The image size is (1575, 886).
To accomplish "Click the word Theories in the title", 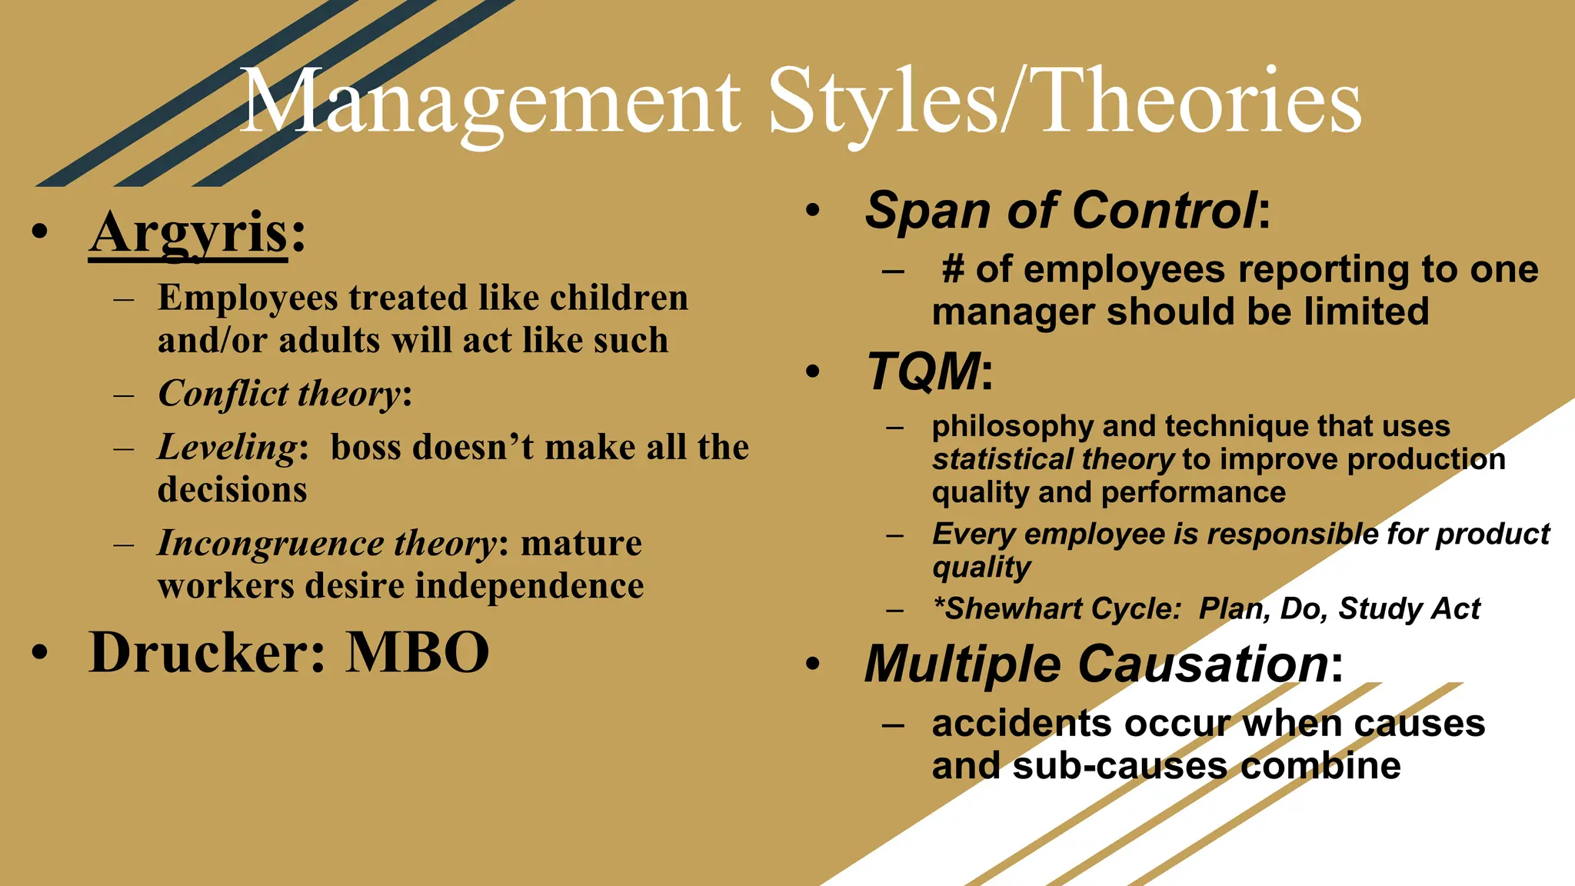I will click(x=1200, y=102).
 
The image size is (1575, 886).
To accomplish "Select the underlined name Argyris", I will click(x=188, y=233).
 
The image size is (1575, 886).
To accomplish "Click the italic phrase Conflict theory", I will click(x=279, y=394).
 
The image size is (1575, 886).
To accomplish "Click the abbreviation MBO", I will click(x=418, y=653).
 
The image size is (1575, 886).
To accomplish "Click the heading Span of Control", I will click(x=1061, y=210).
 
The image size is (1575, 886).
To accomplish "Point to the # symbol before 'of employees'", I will click(x=953, y=270).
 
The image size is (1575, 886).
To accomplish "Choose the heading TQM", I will click(x=924, y=372).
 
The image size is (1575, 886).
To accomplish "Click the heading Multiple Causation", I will click(x=1096, y=664).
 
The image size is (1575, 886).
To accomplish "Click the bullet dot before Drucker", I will click(x=40, y=653).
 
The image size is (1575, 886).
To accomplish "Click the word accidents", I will click(x=1021, y=724).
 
